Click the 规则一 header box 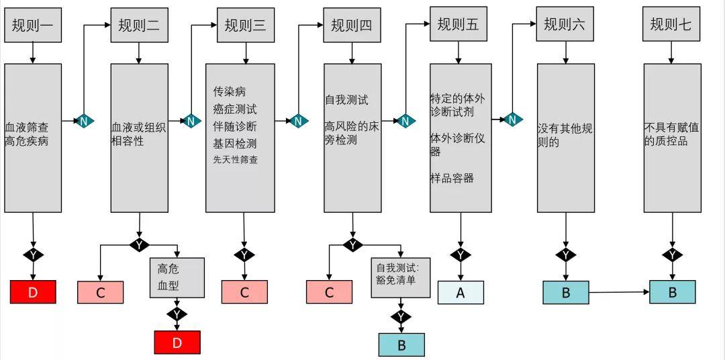(x=33, y=26)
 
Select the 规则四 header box (x=351, y=26)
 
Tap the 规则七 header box (x=671, y=26)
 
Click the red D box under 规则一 (x=33, y=292)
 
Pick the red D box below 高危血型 (x=177, y=343)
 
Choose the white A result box (x=461, y=292)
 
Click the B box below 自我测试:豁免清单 (x=401, y=345)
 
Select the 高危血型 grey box (x=177, y=277)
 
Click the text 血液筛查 (x=26, y=126)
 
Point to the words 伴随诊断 (x=235, y=126)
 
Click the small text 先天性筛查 (x=236, y=160)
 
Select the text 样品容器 (x=452, y=178)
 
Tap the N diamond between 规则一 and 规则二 (x=84, y=121)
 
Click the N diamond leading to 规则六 (x=512, y=120)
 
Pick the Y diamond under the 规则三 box (x=244, y=255)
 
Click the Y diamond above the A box (x=461, y=255)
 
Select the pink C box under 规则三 (x=244, y=292)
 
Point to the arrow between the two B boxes (x=619, y=292)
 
